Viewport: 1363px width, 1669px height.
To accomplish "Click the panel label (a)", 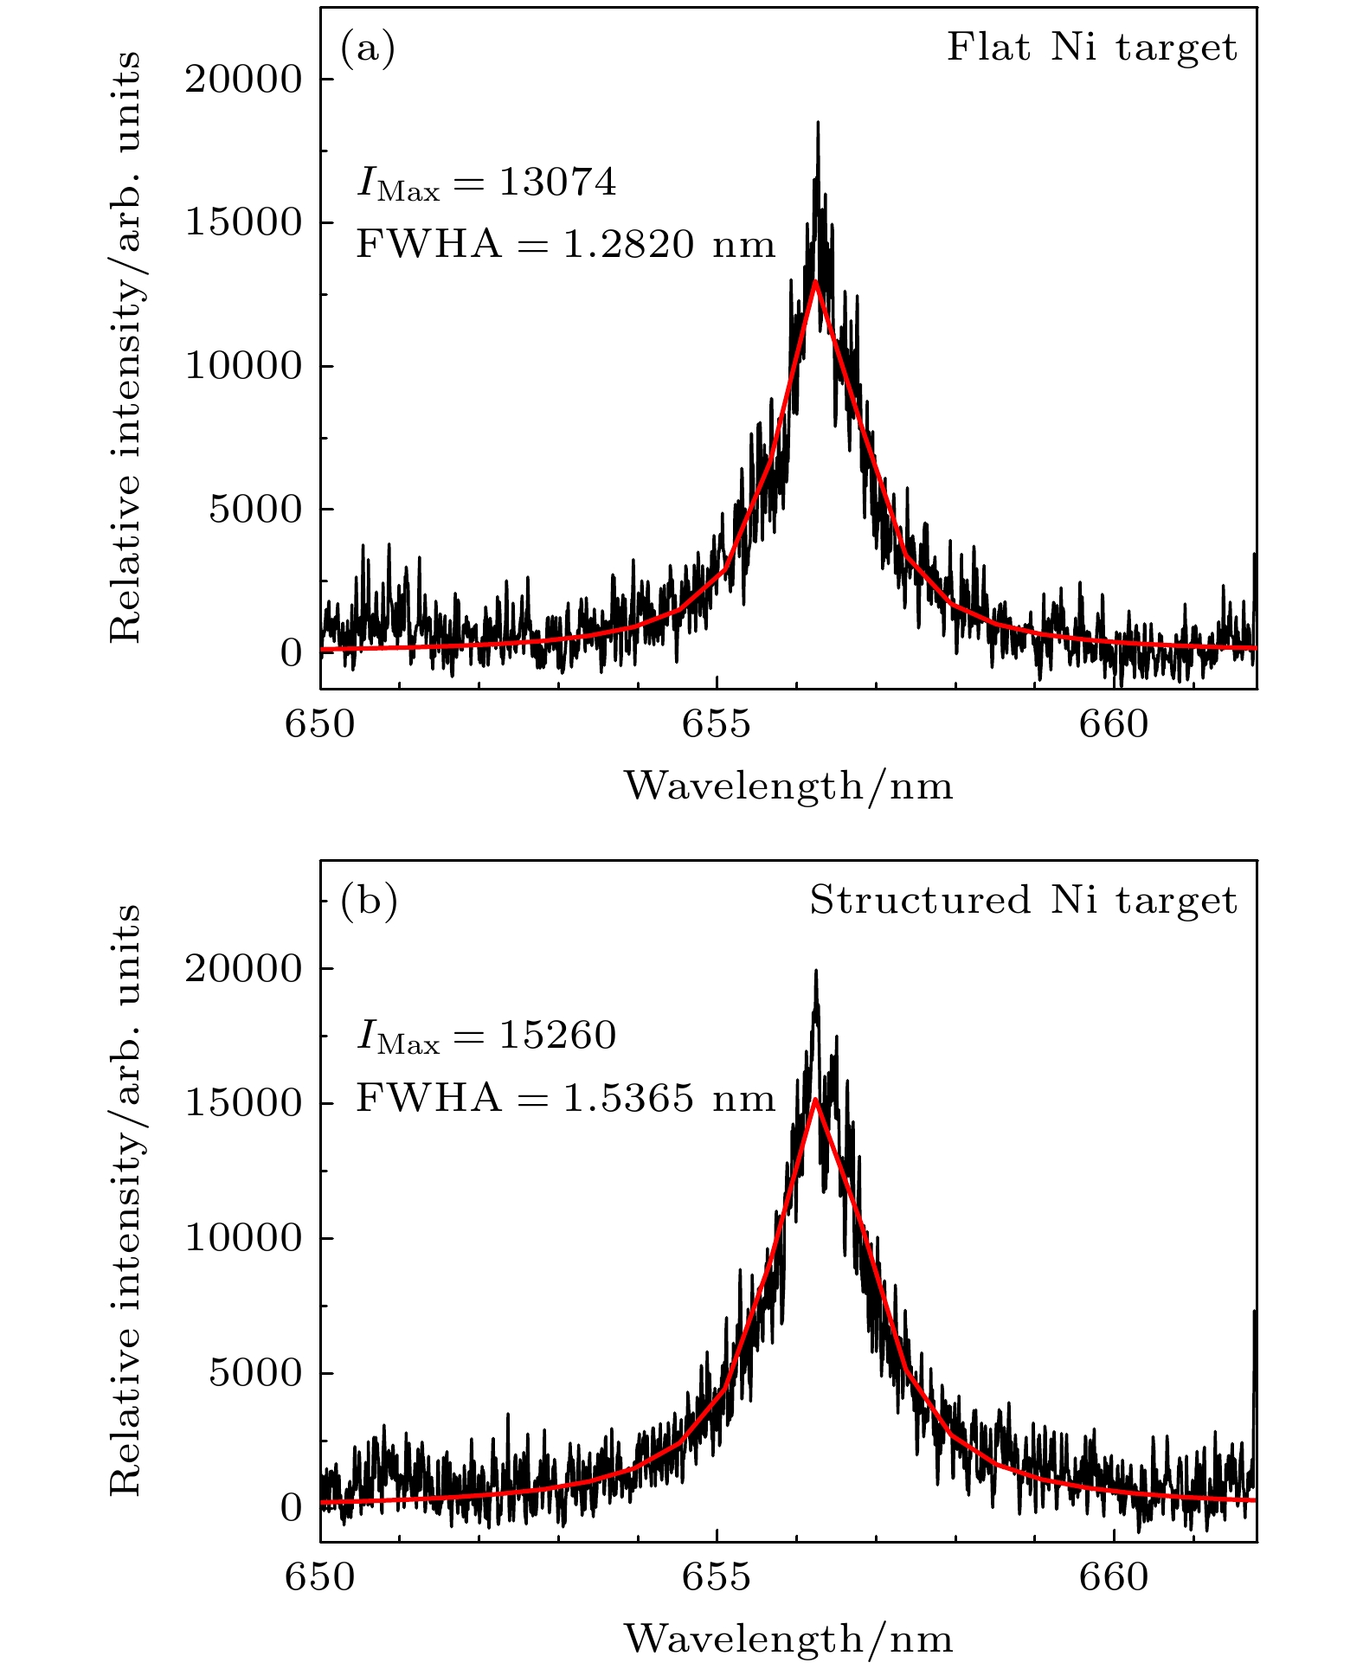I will pos(368,49).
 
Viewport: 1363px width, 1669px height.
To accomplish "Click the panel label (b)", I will pos(369,902).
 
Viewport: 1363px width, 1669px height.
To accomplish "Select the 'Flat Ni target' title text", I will pos(1091,48).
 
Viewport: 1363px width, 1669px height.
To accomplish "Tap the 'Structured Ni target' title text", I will pos(1023,901).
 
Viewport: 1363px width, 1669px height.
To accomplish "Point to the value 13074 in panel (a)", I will pos(558,183).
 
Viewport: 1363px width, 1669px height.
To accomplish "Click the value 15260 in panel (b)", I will pos(558,1036).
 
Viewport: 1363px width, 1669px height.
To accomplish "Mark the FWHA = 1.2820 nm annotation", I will pos(565,245).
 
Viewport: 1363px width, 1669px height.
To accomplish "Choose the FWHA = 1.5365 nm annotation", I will pos(565,1099).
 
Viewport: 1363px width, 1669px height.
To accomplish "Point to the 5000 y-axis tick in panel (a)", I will pos(254,510).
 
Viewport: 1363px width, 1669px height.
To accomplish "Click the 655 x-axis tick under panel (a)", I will pos(717,724).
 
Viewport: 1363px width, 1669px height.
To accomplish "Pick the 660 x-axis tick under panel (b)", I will pos(1113,1577).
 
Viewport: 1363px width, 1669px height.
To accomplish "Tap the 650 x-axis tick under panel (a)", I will pos(320,724).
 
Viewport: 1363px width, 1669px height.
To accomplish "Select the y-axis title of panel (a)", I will pos(125,346).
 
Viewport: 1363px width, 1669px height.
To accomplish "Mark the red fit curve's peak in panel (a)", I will pos(815,281).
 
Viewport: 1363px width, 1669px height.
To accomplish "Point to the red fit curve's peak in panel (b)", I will pos(815,1100).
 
